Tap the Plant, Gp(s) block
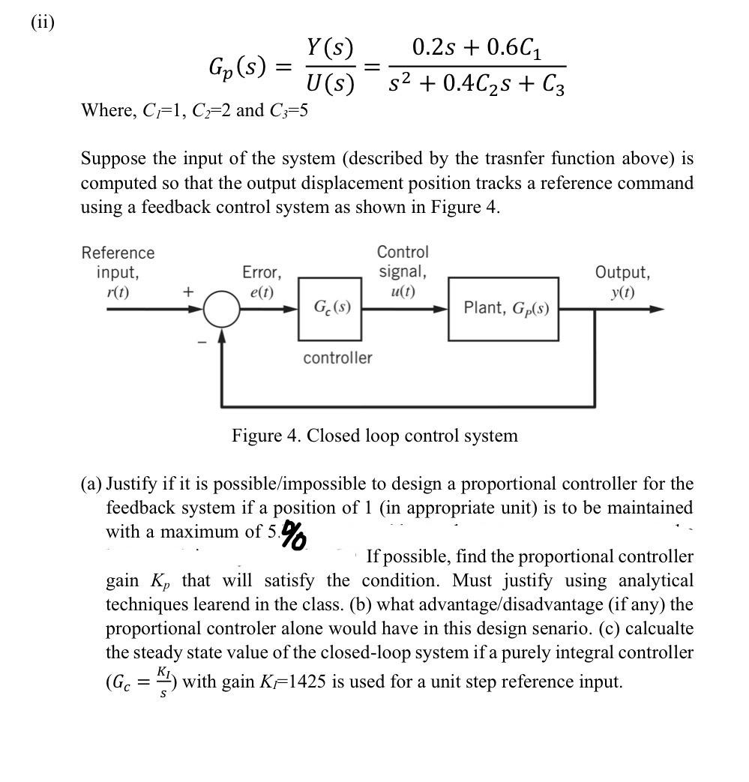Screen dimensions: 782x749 (x=503, y=308)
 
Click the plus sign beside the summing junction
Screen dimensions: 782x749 (x=188, y=292)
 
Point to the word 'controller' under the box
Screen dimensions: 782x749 (x=337, y=358)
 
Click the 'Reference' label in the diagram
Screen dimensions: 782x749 (x=118, y=253)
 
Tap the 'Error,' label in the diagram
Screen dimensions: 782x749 (x=262, y=271)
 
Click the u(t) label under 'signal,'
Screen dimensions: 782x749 (x=403, y=291)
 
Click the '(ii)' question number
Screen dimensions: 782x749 (x=42, y=22)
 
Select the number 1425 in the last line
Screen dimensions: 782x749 (x=303, y=682)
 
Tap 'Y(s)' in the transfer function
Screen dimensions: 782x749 (x=330, y=49)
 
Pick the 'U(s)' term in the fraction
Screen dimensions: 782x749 (x=330, y=83)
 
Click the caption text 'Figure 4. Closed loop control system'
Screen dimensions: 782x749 (x=374, y=436)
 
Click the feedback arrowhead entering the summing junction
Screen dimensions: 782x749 (x=221, y=334)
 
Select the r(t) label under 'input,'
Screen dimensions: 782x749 (x=117, y=292)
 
